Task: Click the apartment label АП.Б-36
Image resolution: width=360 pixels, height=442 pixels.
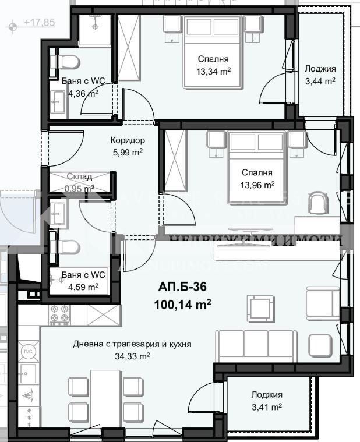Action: [x=182, y=287]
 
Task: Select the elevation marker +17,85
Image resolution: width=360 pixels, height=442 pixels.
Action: [x=39, y=23]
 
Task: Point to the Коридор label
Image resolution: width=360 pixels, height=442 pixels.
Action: [x=127, y=140]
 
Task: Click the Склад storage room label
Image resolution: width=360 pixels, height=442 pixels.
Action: [x=79, y=178]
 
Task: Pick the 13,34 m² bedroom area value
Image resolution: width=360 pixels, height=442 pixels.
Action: [x=213, y=72]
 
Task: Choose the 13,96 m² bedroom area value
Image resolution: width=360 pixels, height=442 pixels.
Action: [x=258, y=185]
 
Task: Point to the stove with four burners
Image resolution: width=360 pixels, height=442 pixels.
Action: [x=59, y=316]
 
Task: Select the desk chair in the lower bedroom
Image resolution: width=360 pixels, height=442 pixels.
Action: [x=319, y=202]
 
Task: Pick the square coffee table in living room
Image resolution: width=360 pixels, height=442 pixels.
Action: [x=260, y=306]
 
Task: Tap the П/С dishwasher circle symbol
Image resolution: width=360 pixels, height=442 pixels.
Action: [x=27, y=351]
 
